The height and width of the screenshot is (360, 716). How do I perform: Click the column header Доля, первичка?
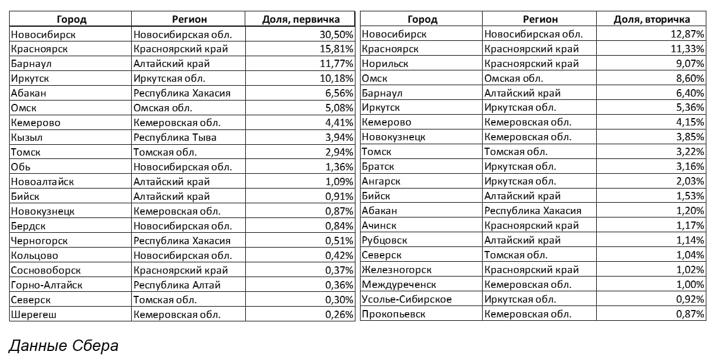(301, 19)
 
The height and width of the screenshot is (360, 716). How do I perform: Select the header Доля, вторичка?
(652, 19)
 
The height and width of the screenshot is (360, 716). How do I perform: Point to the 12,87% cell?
(687, 34)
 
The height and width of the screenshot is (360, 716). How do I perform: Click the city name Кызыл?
(27, 137)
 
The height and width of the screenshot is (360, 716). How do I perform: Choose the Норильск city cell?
(384, 64)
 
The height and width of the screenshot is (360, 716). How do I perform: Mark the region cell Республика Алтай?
(177, 285)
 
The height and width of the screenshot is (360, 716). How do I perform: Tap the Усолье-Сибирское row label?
(407, 299)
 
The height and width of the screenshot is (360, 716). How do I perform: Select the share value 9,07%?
(689, 64)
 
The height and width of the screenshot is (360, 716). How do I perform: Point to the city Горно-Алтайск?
(47, 285)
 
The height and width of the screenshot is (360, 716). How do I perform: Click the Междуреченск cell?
(399, 284)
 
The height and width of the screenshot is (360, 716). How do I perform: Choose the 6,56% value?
(338, 93)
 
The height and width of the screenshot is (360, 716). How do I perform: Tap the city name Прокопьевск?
(393, 314)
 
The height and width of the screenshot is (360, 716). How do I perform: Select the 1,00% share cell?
(689, 284)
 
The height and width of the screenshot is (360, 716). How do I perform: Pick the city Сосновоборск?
(46, 270)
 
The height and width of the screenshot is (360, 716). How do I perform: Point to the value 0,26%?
(338, 315)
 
